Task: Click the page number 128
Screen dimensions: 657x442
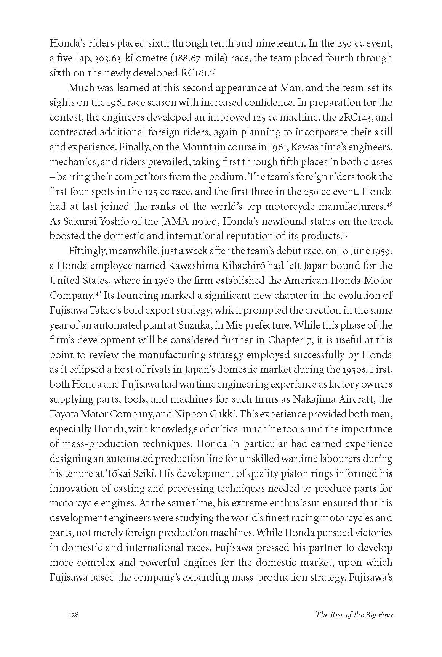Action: click(73, 614)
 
